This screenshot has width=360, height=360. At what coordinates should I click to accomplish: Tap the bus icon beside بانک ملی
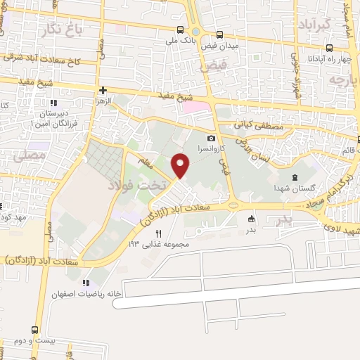coord(181,30)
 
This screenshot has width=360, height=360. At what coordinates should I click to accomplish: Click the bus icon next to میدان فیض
coord(220,34)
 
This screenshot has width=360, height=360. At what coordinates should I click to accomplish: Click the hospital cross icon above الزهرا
coord(103,90)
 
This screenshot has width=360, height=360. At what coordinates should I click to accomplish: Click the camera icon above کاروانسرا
coord(211,137)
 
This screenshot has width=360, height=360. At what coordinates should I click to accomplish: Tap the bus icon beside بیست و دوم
coord(32,329)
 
